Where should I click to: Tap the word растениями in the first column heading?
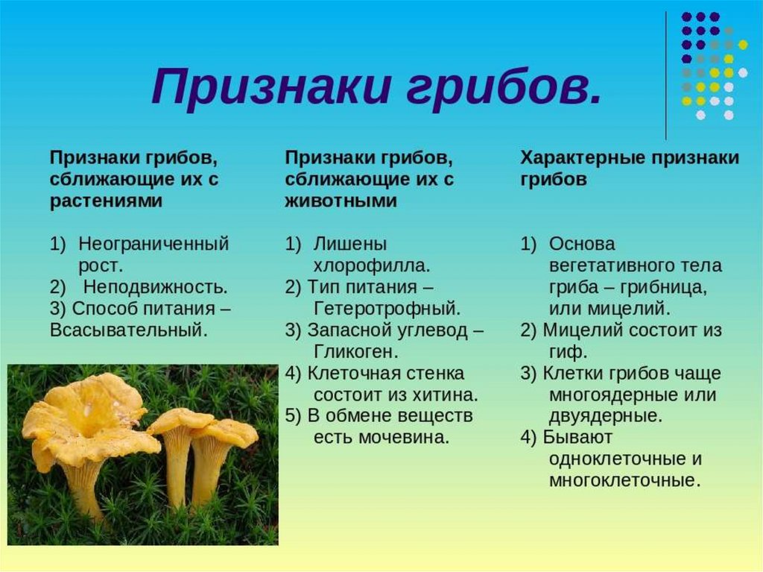[x=106, y=201]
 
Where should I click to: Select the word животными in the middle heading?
[x=341, y=201]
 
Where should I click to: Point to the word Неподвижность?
[x=155, y=287]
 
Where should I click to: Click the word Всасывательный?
[x=128, y=330]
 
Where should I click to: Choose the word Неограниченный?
[x=153, y=244]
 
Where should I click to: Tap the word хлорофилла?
[x=372, y=265]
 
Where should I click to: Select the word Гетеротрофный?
[x=387, y=309]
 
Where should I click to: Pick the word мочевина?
[x=403, y=437]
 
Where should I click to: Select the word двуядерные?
[x=606, y=416]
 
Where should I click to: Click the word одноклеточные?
[x=615, y=459]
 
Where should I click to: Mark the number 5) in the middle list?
[x=294, y=415]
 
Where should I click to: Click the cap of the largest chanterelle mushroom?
[x=90, y=419]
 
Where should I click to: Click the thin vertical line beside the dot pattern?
[x=665, y=75]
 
